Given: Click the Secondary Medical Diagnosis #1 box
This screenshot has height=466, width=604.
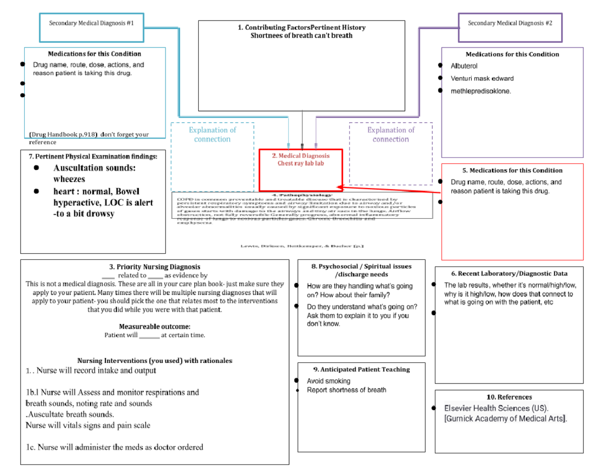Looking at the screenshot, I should click(x=92, y=27).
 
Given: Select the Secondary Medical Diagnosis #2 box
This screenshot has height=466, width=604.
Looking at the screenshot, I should click(x=510, y=27).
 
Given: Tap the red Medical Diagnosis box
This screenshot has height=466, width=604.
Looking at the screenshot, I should click(x=300, y=170).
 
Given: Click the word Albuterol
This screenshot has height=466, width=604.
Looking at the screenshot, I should click(x=464, y=66).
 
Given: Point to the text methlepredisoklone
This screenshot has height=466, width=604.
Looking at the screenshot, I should click(x=481, y=91).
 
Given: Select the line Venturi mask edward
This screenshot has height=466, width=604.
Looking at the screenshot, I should click(x=482, y=78).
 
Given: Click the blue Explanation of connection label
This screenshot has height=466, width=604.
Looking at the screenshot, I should click(x=212, y=134).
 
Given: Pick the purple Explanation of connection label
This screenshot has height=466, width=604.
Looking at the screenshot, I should click(x=391, y=134).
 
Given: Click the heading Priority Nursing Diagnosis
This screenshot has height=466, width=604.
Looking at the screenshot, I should click(x=155, y=267).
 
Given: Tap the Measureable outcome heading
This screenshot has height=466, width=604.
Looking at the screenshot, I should click(x=155, y=326).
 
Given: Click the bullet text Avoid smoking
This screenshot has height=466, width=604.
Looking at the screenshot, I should click(x=329, y=381).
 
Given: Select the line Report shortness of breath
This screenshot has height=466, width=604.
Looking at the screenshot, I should click(x=346, y=390).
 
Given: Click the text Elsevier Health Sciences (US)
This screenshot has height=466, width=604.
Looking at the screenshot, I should click(x=496, y=408).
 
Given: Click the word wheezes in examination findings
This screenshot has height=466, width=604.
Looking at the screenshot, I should click(x=69, y=179).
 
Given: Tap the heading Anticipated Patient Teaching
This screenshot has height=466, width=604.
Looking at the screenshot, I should click(x=361, y=369).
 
